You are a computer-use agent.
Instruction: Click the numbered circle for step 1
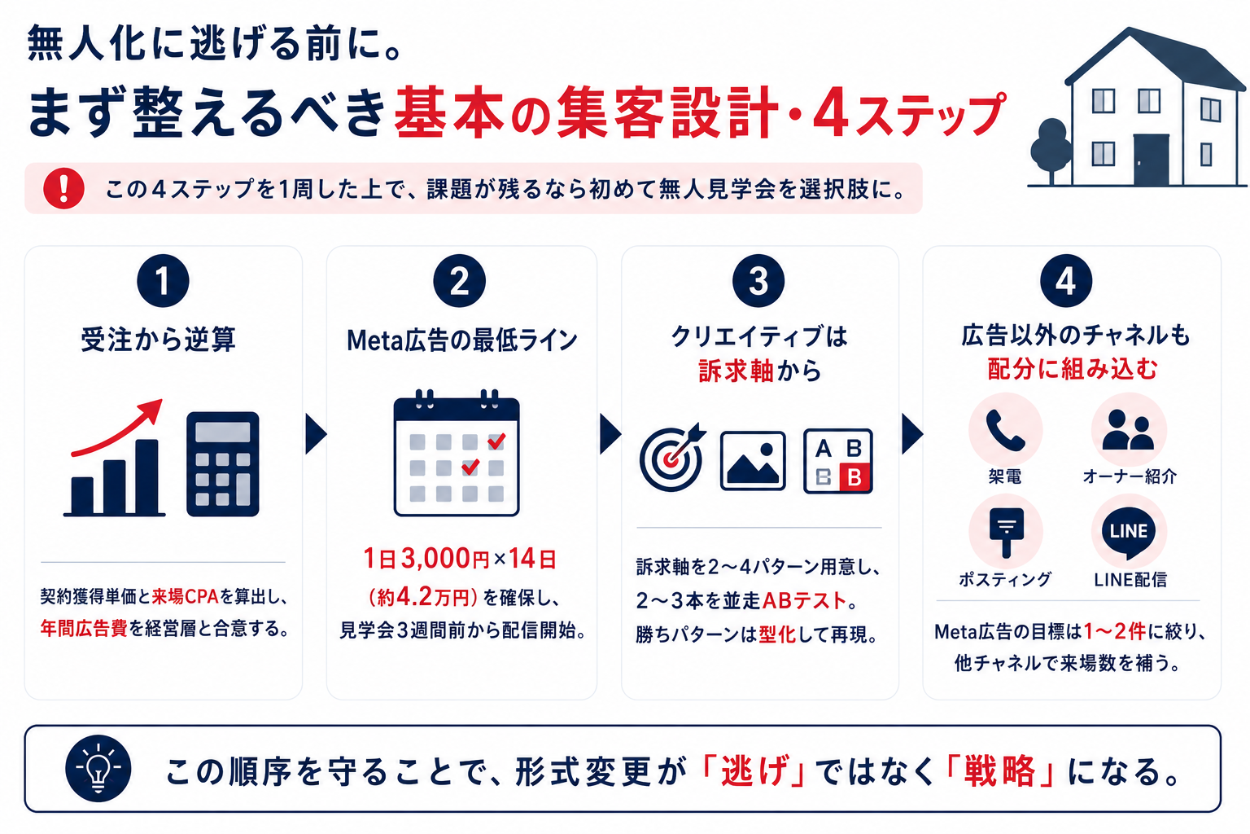click(163, 280)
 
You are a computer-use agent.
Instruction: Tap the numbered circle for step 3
click(758, 280)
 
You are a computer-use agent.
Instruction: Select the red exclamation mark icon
click(63, 189)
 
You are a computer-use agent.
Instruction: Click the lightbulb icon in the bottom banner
click(98, 769)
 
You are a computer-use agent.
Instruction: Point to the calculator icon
click(223, 464)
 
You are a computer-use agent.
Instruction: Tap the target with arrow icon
click(672, 458)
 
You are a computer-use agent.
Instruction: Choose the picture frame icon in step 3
click(753, 461)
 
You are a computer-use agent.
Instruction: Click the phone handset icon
click(1005, 430)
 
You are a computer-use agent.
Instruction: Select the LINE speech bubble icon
click(1129, 533)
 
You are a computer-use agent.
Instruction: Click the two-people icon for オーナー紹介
click(1128, 429)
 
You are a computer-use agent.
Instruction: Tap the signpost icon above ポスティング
click(1006, 533)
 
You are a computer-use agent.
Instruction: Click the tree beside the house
click(1051, 151)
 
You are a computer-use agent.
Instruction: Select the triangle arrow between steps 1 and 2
click(316, 433)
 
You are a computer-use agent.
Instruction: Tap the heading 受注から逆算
click(159, 339)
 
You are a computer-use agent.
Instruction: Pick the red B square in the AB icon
click(854, 477)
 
